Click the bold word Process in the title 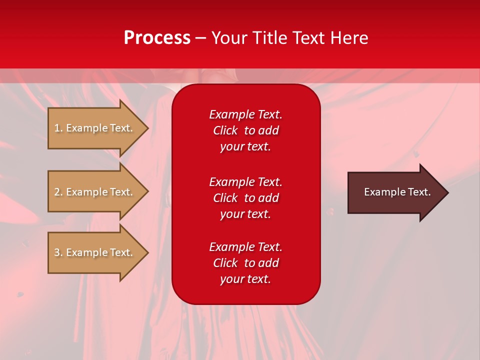tap(157, 38)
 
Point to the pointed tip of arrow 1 tap(147, 128)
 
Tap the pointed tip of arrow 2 tap(147, 192)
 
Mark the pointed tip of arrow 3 tap(147, 252)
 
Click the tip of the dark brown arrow tap(447, 192)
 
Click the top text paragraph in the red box tap(245, 130)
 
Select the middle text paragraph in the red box tap(245, 198)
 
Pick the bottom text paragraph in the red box tap(245, 263)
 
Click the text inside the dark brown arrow tap(397, 192)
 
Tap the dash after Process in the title tap(201, 38)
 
